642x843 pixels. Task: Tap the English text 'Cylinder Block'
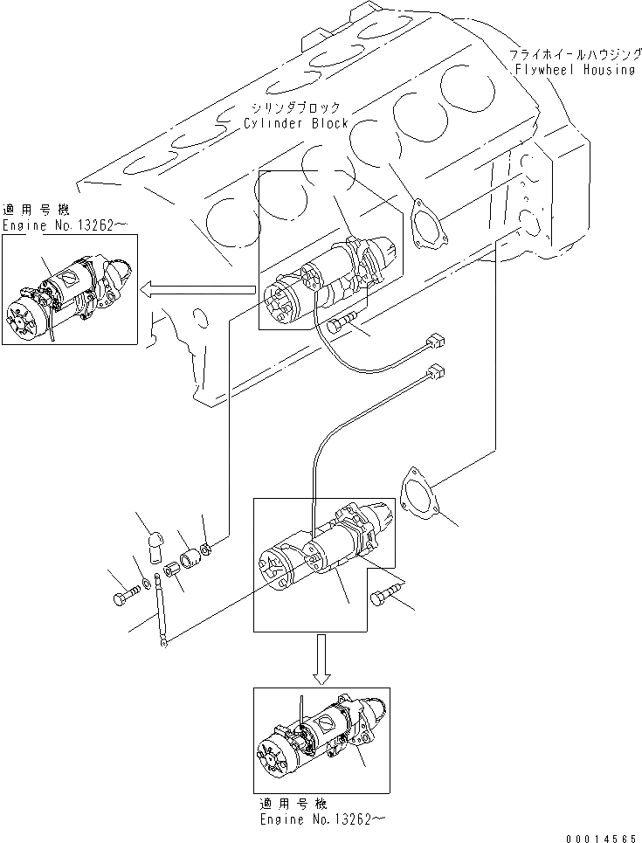296,123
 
